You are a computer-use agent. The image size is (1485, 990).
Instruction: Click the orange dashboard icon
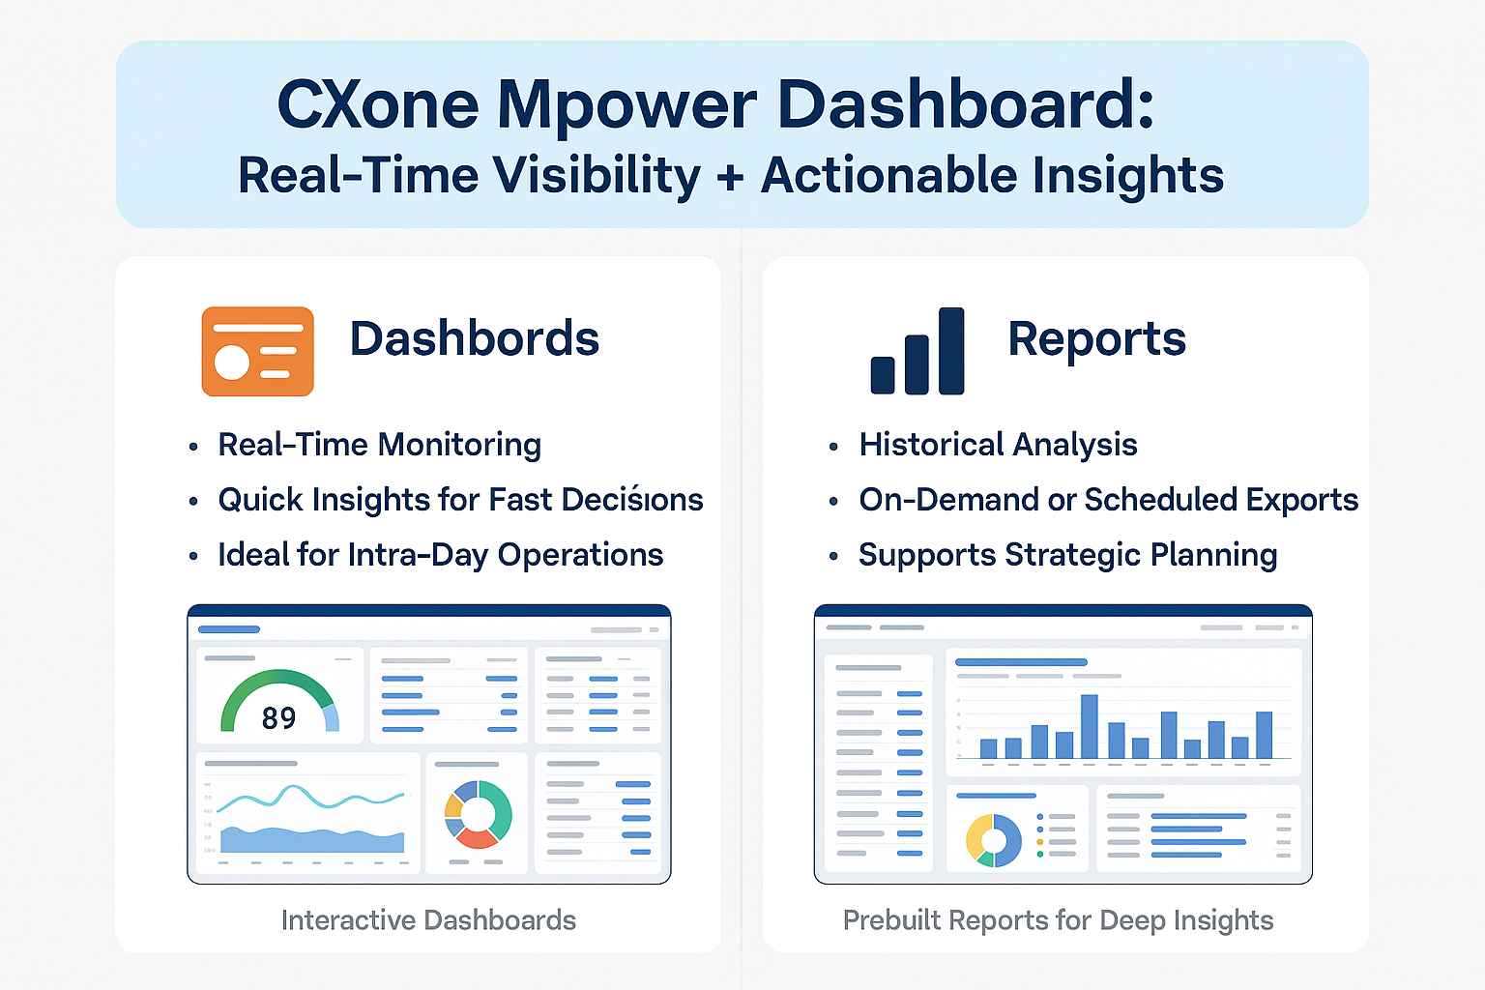pos(257,351)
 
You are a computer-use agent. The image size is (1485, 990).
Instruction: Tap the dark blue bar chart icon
pos(917,352)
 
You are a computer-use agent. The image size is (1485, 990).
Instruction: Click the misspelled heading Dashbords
pos(474,339)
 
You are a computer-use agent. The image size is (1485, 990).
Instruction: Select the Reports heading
pos(1096,339)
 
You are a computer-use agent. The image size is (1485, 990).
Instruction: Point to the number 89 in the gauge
pos(278,718)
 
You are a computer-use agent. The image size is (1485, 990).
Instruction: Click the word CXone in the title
pos(377,104)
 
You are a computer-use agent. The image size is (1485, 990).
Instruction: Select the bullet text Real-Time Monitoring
pos(379,445)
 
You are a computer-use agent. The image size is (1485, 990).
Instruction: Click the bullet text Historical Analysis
pos(998,445)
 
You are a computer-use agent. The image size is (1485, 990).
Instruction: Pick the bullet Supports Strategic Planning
pos(1067,555)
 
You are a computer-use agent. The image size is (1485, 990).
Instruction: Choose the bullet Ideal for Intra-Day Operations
pos(440,555)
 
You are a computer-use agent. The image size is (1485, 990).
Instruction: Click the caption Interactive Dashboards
pos(428,920)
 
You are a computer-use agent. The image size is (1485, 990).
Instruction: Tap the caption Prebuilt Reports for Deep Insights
pos(1058,920)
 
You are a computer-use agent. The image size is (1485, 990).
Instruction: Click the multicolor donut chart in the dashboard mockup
pos(478,814)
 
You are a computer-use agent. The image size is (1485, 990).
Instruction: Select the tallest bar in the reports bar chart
pos(1089,726)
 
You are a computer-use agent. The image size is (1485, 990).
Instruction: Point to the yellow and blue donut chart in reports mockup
pos(993,839)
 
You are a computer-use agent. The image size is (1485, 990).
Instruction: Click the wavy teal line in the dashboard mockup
pos(309,799)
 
